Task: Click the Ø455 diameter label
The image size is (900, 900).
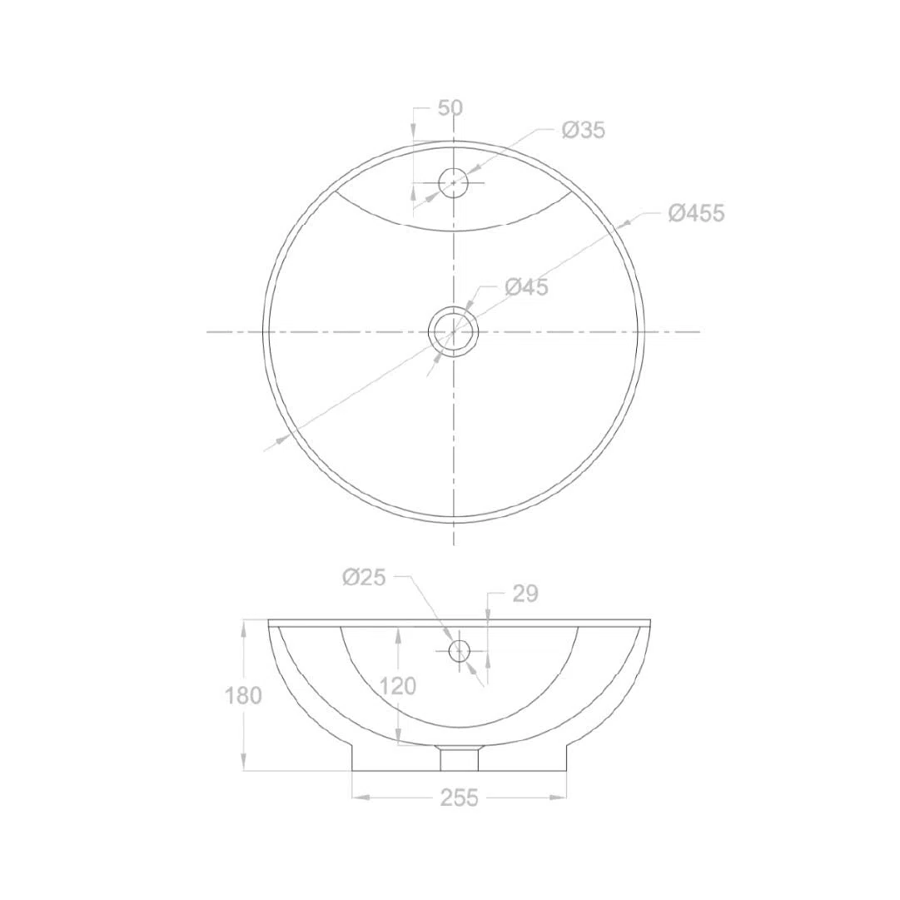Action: (x=696, y=213)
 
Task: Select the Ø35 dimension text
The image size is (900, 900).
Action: (x=584, y=130)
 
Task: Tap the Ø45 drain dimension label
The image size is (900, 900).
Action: (x=527, y=287)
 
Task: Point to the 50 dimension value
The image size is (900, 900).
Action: (x=450, y=108)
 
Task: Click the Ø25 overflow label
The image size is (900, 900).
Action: (x=364, y=578)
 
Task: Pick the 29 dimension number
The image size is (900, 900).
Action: (x=525, y=594)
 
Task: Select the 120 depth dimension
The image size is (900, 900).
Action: (x=397, y=686)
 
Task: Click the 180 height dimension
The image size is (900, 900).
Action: (x=243, y=696)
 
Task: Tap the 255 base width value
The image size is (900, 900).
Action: (x=460, y=798)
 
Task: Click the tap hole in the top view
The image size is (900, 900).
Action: (x=454, y=182)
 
